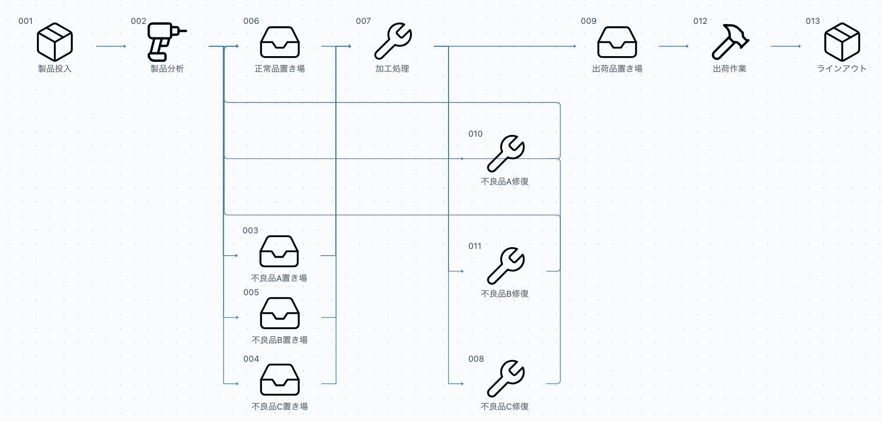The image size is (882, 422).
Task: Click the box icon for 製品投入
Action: (x=55, y=42)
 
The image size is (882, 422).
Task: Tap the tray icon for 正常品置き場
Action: (x=280, y=42)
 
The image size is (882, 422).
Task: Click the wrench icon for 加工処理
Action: (x=393, y=41)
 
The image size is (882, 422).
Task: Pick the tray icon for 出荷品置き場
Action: (x=617, y=42)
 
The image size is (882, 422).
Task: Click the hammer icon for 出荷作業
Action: (x=730, y=42)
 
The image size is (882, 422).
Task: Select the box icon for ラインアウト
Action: (x=842, y=42)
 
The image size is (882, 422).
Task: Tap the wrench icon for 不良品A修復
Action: (x=505, y=154)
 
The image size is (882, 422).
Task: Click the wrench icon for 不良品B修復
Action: (x=505, y=266)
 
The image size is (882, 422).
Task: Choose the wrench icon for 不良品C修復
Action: (x=505, y=378)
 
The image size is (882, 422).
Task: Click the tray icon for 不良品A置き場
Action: (x=279, y=252)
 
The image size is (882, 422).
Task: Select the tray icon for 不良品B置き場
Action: (x=280, y=313)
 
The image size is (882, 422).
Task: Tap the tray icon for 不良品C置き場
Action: (x=280, y=379)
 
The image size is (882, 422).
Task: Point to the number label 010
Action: (x=476, y=134)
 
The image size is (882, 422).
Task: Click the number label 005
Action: (x=251, y=293)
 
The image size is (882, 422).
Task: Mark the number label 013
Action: (x=813, y=21)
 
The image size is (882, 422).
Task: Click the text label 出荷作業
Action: (x=730, y=69)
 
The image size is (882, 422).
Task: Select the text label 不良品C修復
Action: (x=505, y=406)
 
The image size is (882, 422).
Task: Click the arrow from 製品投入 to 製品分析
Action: (x=111, y=46)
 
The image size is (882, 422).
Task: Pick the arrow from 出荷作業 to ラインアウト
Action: (x=785, y=46)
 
